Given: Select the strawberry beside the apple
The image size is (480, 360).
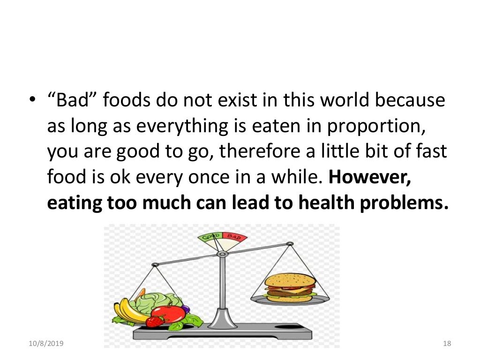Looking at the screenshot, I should coord(154,321).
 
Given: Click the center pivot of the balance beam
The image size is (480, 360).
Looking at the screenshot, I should coord(223,254).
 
